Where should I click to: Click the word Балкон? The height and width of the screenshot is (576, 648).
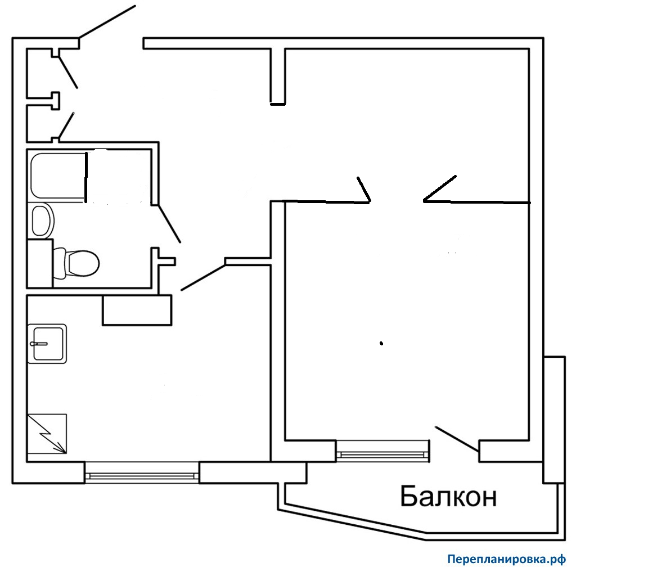click(x=448, y=497)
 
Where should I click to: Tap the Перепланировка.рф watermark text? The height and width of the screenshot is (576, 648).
click(x=506, y=560)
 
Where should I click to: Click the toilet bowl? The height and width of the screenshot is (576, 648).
click(x=79, y=262)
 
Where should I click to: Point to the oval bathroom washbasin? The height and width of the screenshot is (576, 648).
click(x=42, y=220)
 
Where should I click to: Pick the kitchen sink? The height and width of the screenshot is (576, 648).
click(x=48, y=343)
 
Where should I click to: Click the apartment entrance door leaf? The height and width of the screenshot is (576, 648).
click(x=107, y=21)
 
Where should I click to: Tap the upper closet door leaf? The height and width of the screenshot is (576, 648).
click(x=68, y=71)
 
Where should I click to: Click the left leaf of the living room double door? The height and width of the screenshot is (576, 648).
click(x=364, y=189)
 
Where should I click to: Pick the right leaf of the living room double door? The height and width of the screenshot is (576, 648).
click(x=440, y=188)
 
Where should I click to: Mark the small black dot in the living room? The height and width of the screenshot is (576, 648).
click(x=381, y=343)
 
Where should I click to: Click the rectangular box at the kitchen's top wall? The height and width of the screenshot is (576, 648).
click(x=137, y=309)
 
